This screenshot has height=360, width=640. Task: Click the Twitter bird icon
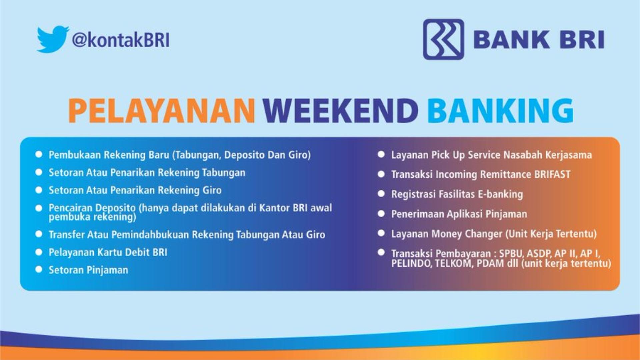(53, 39)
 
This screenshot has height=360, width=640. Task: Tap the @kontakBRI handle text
(121, 40)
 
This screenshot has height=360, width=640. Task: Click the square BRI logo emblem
(443, 39)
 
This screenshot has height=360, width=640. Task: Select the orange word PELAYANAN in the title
(162, 110)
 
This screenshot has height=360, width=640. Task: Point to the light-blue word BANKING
(500, 110)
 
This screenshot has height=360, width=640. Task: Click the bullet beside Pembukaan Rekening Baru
(39, 154)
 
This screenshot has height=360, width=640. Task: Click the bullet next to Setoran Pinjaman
(39, 269)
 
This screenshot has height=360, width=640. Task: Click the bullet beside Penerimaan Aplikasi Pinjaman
(381, 214)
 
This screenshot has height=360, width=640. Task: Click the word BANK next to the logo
(511, 40)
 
